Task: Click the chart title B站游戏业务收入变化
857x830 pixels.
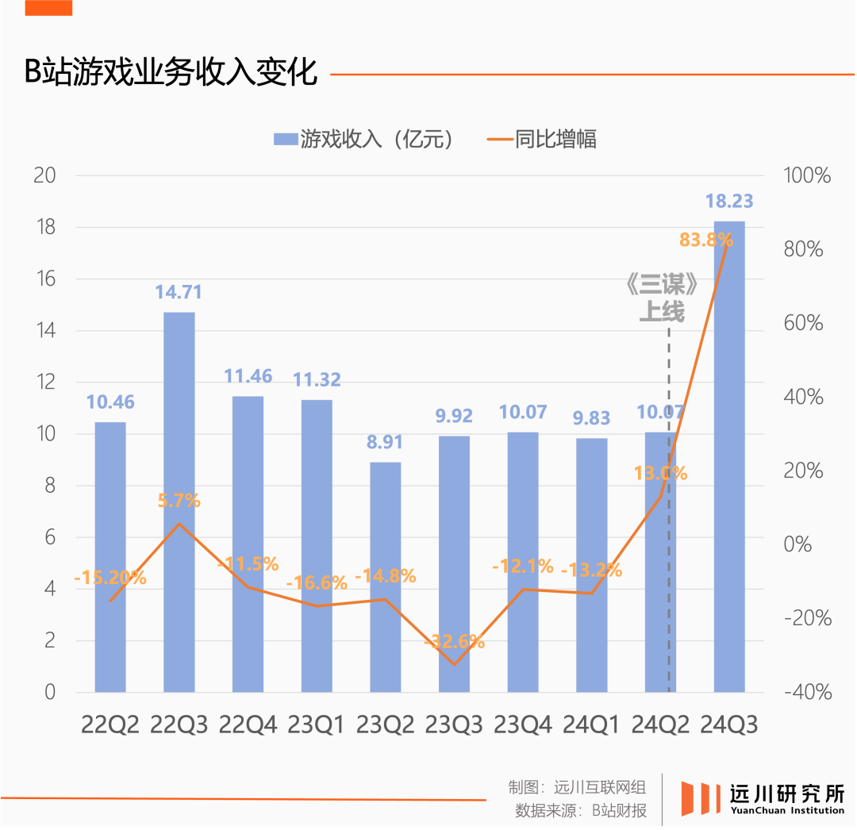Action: tap(171, 73)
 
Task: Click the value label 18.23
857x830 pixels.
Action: tap(729, 202)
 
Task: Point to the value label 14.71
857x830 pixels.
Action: tap(179, 292)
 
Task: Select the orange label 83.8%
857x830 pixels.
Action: tap(705, 239)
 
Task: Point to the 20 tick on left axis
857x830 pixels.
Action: tap(44, 175)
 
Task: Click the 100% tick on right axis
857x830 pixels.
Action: tap(807, 175)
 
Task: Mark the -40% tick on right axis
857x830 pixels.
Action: tap(807, 692)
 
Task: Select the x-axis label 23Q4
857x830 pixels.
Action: tap(522, 724)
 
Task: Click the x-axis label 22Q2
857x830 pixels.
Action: tap(110, 724)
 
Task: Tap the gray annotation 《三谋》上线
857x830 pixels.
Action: tap(662, 298)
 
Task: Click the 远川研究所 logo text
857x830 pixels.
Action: tap(786, 793)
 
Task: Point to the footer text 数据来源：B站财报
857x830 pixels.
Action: tap(580, 811)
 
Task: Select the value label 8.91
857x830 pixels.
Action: tap(385, 442)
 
